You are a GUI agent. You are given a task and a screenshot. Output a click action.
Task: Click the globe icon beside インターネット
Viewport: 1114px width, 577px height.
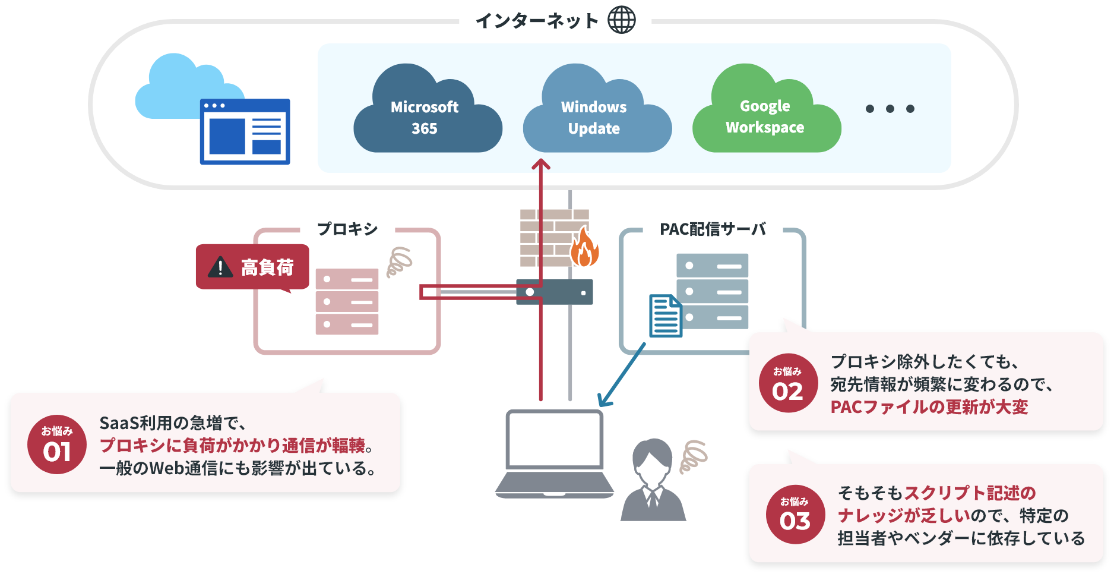coord(621,20)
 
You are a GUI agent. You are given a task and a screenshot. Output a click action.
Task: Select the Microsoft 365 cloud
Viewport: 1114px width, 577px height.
coord(426,116)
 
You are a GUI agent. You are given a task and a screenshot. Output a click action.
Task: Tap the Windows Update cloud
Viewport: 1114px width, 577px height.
coord(596,116)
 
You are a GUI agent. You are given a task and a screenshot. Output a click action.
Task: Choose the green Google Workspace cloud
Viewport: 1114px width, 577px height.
coord(765,116)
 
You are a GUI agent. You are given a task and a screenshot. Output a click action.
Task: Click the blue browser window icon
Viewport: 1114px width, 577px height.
coord(245,131)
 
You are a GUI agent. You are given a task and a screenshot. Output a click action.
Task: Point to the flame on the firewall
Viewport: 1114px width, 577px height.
coord(584,248)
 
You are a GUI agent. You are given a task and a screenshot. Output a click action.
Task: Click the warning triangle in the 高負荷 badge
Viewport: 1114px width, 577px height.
coord(220,267)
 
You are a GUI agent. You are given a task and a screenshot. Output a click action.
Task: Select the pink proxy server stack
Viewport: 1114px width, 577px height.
coord(347,301)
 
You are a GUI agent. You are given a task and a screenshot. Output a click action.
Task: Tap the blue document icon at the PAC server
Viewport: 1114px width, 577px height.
coord(665,316)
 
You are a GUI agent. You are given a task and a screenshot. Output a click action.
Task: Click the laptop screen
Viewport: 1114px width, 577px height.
coord(555,439)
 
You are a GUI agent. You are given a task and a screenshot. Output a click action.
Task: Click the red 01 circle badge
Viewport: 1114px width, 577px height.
coord(57,444)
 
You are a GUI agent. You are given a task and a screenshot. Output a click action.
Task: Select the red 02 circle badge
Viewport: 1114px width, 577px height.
coord(788,383)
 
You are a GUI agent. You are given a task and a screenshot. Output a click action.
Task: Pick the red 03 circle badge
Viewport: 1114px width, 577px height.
coord(795,514)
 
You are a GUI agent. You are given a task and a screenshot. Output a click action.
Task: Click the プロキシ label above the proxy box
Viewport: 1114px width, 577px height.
coord(347,229)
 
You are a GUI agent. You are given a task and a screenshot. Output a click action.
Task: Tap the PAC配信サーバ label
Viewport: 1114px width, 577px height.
coord(713,229)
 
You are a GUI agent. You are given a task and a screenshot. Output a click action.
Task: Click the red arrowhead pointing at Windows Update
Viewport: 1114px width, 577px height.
coord(540,164)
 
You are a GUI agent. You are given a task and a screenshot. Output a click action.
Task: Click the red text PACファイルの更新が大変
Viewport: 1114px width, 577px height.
coord(929,407)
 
